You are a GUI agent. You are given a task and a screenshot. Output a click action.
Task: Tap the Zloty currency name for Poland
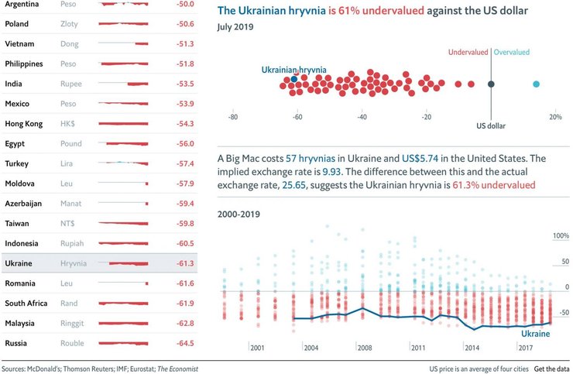(x=69, y=24)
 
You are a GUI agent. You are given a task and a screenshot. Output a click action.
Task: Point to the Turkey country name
(x=16, y=164)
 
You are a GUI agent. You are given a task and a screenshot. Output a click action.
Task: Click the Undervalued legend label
(x=468, y=52)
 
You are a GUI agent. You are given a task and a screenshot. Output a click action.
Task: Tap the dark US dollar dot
(x=491, y=84)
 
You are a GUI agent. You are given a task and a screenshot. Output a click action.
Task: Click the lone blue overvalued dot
(x=536, y=84)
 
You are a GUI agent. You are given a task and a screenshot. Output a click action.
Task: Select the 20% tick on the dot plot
(x=554, y=118)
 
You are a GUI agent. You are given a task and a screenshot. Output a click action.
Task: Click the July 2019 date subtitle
(x=235, y=28)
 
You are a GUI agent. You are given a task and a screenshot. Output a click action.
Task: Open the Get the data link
(x=551, y=369)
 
